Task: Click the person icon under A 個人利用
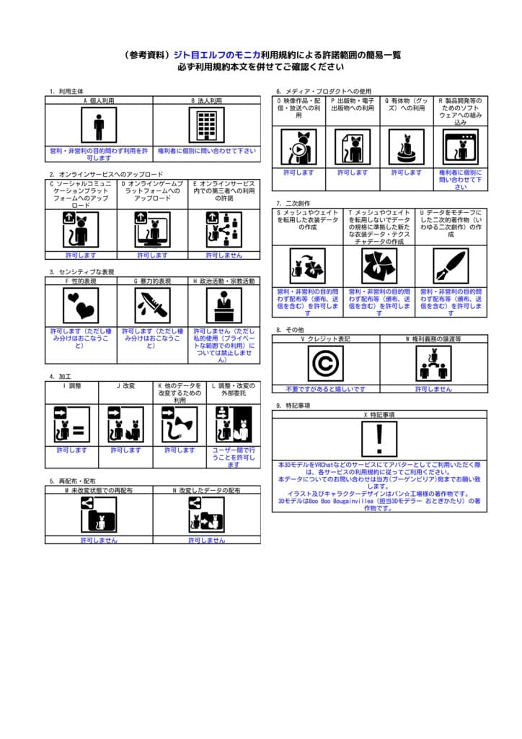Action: pyautogui.click(x=99, y=126)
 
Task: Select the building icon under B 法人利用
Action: pyautogui.click(x=206, y=126)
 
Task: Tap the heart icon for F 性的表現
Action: pyautogui.click(x=81, y=305)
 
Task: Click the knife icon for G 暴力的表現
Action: pyautogui.click(x=153, y=305)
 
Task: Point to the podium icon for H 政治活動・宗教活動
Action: pyautogui.click(x=224, y=305)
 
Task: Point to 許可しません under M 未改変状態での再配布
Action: pyautogui.click(x=99, y=540)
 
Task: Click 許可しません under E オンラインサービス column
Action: pyautogui.click(x=224, y=255)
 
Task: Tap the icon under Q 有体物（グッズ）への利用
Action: pyautogui.click(x=406, y=147)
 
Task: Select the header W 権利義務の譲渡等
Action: pyautogui.click(x=433, y=338)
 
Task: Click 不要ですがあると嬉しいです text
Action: pyautogui.click(x=325, y=388)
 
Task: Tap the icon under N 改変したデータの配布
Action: pyautogui.click(x=206, y=515)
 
